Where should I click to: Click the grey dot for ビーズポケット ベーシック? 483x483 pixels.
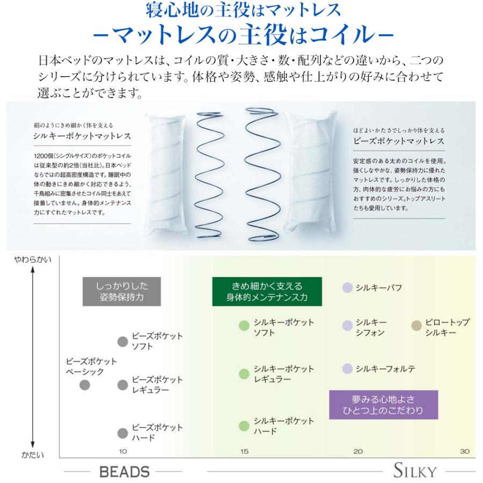pos(85,385)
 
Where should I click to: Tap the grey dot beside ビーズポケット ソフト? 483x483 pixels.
pos(122,341)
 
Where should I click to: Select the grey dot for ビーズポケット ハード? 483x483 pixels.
pos(122,433)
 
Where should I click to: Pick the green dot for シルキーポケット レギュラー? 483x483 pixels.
pos(244,374)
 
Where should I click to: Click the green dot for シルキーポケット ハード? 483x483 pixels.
pos(244,426)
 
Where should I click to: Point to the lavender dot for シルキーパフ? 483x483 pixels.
pos(347,288)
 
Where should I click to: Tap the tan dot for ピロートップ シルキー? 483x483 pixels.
pos(416,325)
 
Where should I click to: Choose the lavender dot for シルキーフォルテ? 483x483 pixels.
pos(347,368)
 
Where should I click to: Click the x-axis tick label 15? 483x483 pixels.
pos(244,451)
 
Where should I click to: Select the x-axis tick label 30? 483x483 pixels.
pos(465,451)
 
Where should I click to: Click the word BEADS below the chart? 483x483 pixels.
pos(125,472)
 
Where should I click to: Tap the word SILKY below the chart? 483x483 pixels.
pos(415,470)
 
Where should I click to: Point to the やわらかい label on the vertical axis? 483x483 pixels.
pos(33,260)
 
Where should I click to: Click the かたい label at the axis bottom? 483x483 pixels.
pos(33,455)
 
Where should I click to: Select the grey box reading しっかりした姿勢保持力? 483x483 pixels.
pos(122,291)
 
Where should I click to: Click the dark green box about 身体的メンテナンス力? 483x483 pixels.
pos(267,291)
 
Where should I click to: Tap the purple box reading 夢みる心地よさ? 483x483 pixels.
pos(384,405)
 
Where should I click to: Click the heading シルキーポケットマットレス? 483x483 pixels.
pos(82,136)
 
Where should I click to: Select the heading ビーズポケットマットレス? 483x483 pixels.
pos(399,141)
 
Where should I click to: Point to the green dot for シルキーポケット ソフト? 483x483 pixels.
pos(244,325)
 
